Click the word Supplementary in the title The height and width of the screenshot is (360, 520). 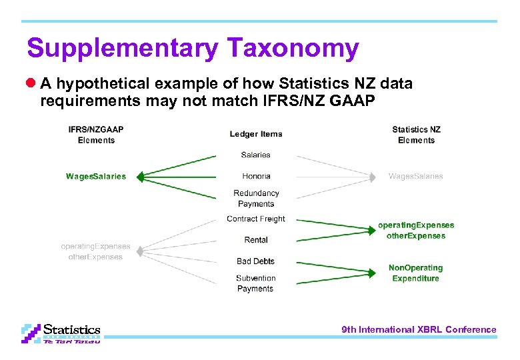point(123,49)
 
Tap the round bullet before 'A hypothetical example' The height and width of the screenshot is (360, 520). point(31,84)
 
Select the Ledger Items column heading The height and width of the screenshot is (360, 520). point(256,134)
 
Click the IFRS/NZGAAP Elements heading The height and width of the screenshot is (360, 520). point(96,135)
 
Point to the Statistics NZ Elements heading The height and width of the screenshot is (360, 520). point(416,135)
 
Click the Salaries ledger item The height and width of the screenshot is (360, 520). point(256,155)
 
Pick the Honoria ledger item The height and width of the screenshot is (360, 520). point(256,176)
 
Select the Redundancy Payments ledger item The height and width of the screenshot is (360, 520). point(256,199)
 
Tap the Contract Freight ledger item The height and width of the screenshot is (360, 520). point(256,219)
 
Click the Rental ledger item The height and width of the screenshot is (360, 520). point(256,240)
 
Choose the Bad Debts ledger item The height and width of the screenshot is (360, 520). point(256,261)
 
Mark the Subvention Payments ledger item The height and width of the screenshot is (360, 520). point(255,283)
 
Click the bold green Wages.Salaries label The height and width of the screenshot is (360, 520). point(96,177)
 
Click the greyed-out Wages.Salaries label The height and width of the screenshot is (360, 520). point(416,177)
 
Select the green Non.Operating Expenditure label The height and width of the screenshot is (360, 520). point(416,273)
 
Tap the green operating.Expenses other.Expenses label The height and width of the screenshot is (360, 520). point(416,231)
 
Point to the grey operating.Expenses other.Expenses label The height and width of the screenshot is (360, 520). point(96,251)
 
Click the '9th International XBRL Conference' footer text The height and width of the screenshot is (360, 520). point(419,329)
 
